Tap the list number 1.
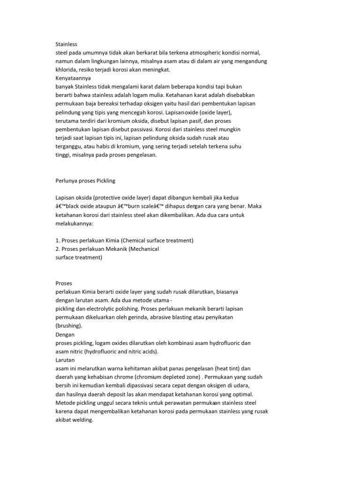pos(57,240)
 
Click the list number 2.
pos(57,249)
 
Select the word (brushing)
pos(69,326)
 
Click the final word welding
pos(84,420)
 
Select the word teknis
pos(135,403)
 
